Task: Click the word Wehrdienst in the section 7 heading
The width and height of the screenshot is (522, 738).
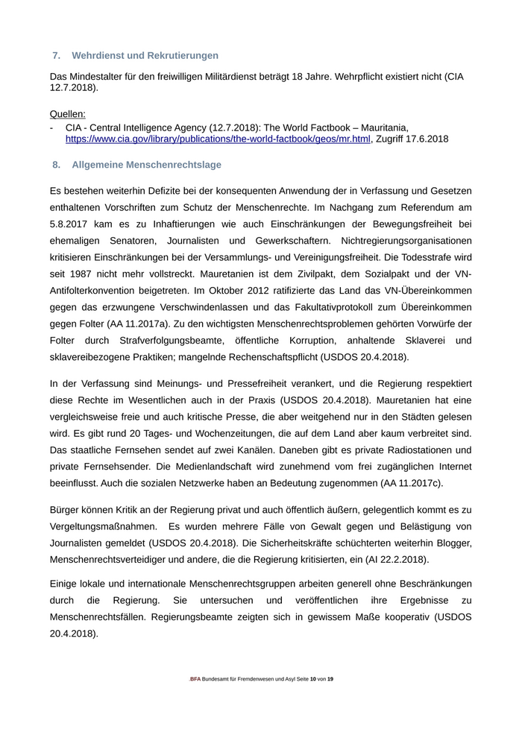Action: click(x=97, y=55)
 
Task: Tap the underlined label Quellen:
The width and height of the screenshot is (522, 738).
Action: click(x=68, y=114)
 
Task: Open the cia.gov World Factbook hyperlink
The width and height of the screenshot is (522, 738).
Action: click(x=218, y=139)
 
